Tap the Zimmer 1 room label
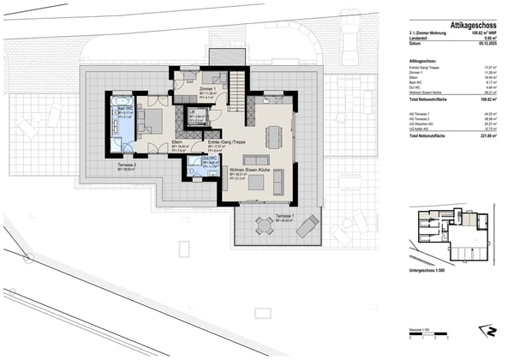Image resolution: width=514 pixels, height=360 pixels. click(206, 89)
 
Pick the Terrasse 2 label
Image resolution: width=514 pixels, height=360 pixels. click(127, 165)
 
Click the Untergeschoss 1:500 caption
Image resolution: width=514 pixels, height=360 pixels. click(428, 269)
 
